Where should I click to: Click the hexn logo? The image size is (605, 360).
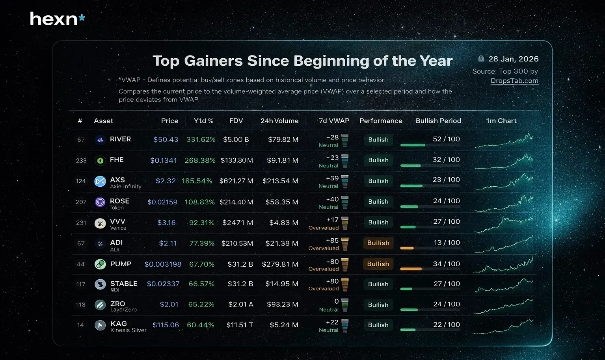[58, 19]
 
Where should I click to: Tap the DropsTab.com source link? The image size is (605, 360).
[514, 81]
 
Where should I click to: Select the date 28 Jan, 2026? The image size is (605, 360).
[513, 59]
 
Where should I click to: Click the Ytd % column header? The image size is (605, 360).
[203, 121]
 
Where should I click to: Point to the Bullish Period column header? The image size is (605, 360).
[438, 121]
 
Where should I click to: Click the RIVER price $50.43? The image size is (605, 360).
[166, 139]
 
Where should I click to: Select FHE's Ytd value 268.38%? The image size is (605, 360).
[200, 160]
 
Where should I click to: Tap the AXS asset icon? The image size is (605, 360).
[100, 181]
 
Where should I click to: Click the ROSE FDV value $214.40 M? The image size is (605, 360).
[236, 202]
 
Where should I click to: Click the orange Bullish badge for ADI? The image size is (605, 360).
[378, 243]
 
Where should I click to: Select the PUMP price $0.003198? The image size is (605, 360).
[163, 264]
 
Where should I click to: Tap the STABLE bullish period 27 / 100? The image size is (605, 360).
[447, 284]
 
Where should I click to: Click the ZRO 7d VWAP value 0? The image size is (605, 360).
[336, 301]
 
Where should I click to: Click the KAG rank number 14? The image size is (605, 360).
[80, 325]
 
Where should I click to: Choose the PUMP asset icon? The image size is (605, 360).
[100, 264]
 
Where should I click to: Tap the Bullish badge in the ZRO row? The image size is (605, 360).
[378, 305]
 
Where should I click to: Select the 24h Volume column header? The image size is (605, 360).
[279, 121]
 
